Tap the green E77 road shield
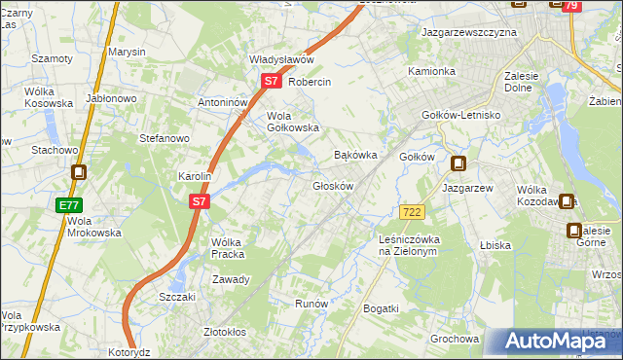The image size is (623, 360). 68,205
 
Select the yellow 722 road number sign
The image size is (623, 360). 411,211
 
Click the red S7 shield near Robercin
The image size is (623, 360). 271,83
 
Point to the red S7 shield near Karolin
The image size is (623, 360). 199,201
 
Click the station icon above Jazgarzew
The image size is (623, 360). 458,164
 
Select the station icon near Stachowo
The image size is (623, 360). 79,173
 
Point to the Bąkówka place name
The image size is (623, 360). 355,155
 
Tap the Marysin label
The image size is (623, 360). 127,52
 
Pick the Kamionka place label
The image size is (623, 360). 431,71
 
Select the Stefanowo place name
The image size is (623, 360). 165,138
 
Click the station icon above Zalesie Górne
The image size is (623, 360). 574,231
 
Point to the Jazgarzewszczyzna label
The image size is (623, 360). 468,32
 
